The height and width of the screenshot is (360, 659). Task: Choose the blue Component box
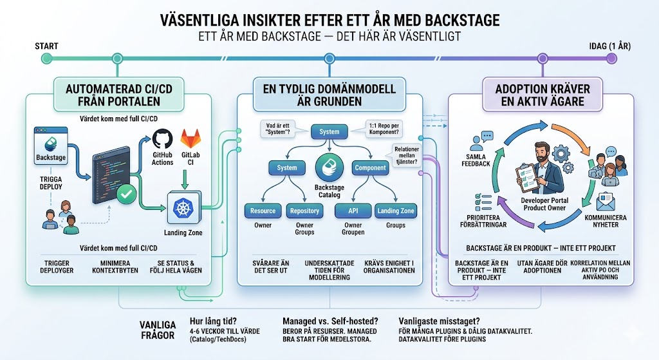coord(370,167)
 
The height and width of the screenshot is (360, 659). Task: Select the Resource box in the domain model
coord(263,211)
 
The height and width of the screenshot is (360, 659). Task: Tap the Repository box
coord(304,211)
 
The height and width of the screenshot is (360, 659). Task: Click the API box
coord(353,211)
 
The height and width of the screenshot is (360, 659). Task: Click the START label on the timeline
coord(46,46)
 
